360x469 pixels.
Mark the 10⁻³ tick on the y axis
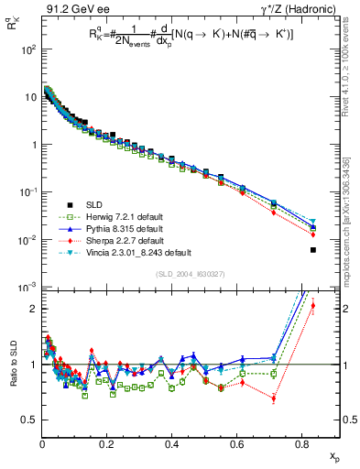27,287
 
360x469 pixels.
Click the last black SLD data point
313,250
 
